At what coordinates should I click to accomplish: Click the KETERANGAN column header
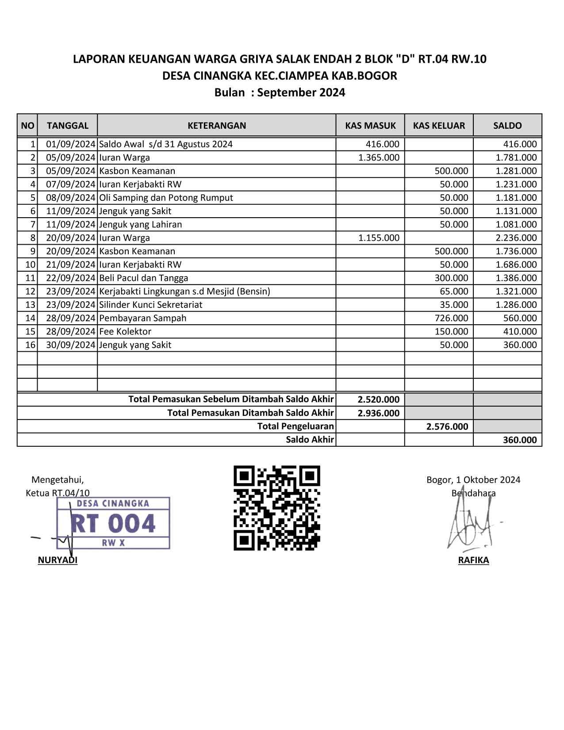pyautogui.click(x=216, y=125)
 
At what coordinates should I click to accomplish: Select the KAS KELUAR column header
pyautogui.click(x=439, y=125)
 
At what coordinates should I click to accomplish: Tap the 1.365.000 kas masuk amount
pyautogui.click(x=379, y=158)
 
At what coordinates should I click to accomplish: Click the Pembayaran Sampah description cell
pyautogui.click(x=143, y=318)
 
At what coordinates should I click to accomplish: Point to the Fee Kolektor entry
pyautogui.click(x=125, y=331)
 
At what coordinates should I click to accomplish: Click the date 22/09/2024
pyautogui.click(x=71, y=278)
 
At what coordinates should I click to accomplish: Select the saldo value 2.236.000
pyautogui.click(x=516, y=238)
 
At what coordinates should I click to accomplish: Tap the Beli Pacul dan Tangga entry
pyautogui.click(x=144, y=278)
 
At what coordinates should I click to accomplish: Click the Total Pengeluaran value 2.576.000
pyautogui.click(x=447, y=426)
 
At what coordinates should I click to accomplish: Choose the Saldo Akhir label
pyautogui.click(x=310, y=440)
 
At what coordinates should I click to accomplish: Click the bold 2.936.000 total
pyautogui.click(x=378, y=413)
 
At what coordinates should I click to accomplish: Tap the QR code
pyautogui.click(x=276, y=508)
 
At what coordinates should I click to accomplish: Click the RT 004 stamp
pyautogui.click(x=113, y=523)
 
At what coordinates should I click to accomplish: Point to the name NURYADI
pyautogui.click(x=58, y=560)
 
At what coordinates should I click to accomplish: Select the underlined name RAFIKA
pyautogui.click(x=473, y=560)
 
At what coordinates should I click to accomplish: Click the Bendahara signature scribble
pyautogui.click(x=469, y=526)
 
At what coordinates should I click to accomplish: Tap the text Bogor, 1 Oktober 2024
pyautogui.click(x=473, y=480)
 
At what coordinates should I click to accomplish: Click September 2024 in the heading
pyautogui.click(x=301, y=92)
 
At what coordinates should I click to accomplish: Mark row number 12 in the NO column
pyautogui.click(x=30, y=291)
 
